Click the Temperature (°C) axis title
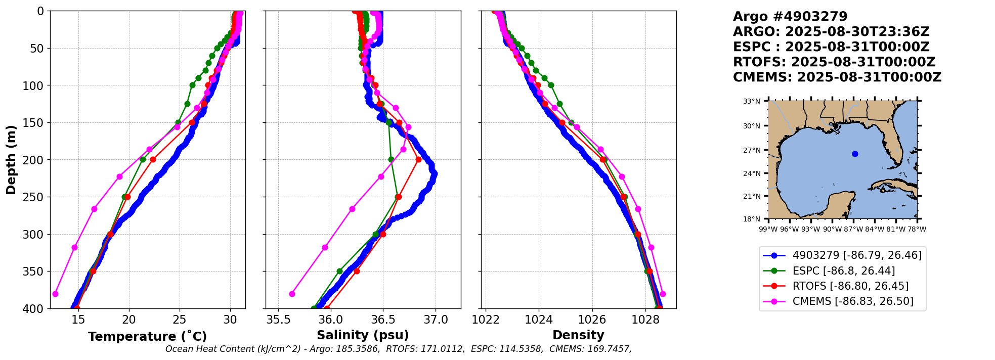pos(147,337)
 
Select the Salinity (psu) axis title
pos(363,335)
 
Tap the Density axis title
pos(578,335)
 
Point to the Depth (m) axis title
pos(11,159)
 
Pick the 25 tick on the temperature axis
pos(180,320)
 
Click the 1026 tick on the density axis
pos(592,320)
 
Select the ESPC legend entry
pos(843,271)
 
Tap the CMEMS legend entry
pos(852,301)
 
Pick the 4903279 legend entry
pos(856,255)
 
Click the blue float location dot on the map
pos(855,154)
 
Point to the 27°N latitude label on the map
pos(752,150)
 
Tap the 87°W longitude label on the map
pos(853,229)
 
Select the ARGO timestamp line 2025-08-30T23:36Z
pos(831,32)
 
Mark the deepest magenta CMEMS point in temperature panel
pos(56,294)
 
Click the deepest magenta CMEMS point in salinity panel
pos(292,294)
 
